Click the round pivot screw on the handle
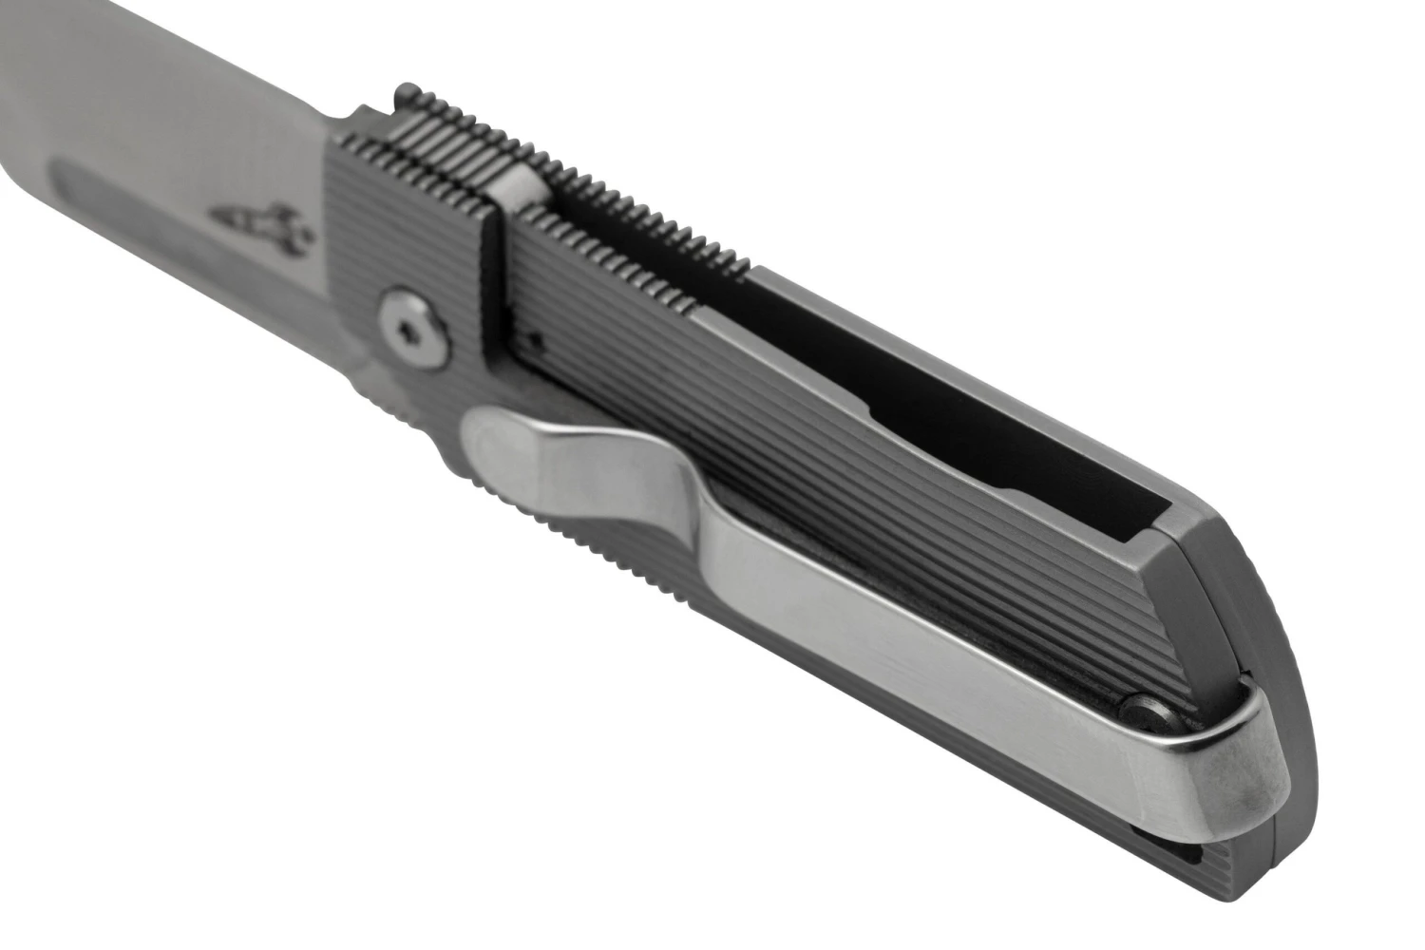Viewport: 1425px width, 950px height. (x=412, y=328)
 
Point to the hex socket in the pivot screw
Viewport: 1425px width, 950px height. (x=410, y=329)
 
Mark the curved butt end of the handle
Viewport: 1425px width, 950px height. (x=1273, y=608)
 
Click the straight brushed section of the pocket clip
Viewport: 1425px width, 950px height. (x=902, y=646)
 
